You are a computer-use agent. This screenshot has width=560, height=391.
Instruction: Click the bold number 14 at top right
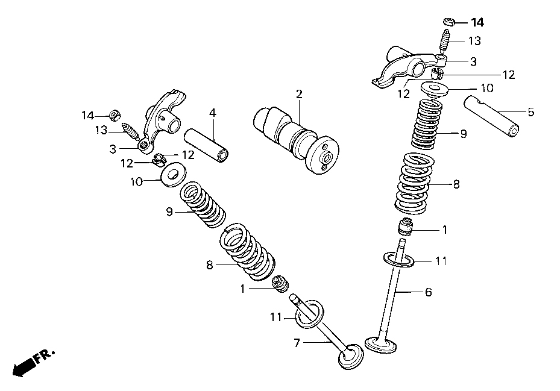click(x=477, y=23)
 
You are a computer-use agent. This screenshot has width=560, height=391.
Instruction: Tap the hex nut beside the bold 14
click(x=448, y=22)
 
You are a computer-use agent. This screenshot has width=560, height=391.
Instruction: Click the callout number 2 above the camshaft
click(x=299, y=94)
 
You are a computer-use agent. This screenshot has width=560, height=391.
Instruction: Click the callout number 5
click(x=530, y=112)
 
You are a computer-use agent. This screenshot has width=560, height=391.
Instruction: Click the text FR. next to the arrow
click(x=45, y=356)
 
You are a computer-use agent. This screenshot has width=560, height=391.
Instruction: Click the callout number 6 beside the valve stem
click(x=428, y=292)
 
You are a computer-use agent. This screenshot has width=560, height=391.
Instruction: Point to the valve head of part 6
click(x=382, y=345)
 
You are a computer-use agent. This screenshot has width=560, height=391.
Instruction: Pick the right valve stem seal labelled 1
click(x=407, y=229)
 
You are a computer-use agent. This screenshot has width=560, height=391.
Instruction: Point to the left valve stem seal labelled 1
click(x=280, y=283)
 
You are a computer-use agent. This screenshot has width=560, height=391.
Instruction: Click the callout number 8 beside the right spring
click(x=456, y=184)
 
